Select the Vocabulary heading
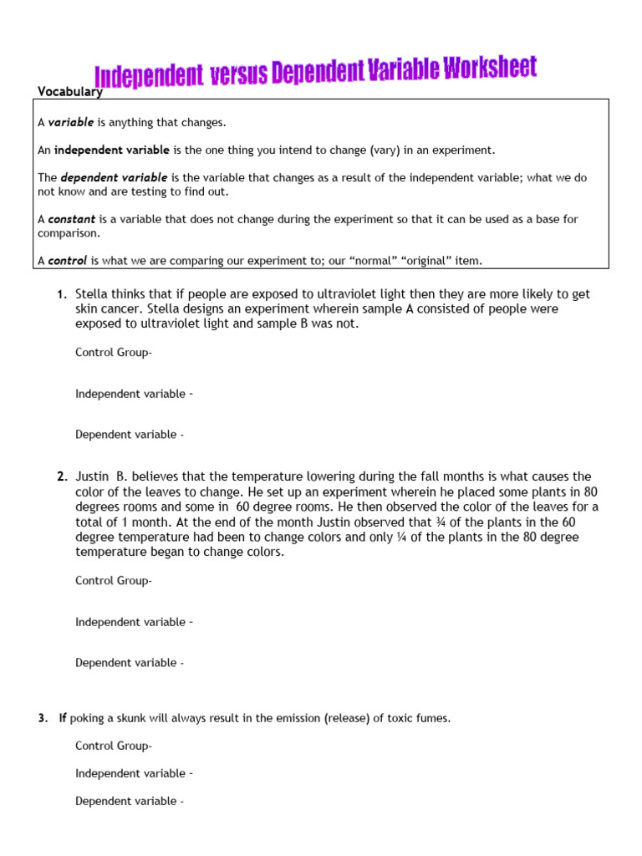click(x=70, y=92)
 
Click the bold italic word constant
click(x=72, y=219)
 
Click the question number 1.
click(x=61, y=294)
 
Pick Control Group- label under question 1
click(x=114, y=353)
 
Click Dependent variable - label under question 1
click(x=130, y=435)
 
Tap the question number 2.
click(x=62, y=477)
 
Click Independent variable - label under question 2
click(x=135, y=622)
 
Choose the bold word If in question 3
click(x=64, y=718)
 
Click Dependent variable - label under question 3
click(x=130, y=801)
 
